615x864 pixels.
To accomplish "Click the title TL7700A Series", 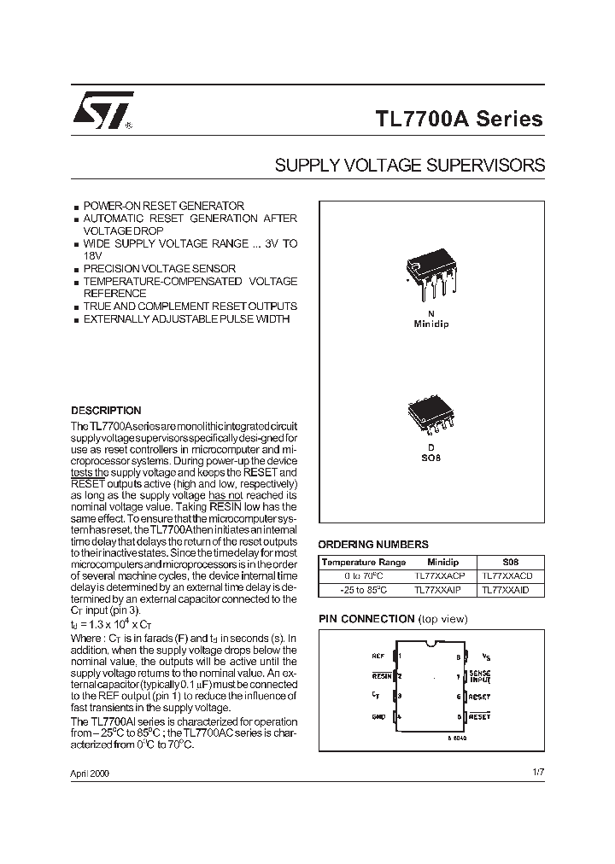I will click(459, 119).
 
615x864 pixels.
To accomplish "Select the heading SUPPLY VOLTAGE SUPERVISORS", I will click(409, 166).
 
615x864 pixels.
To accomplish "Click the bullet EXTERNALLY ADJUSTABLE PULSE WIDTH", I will click(186, 318).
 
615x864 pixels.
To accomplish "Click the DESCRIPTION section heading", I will click(106, 411).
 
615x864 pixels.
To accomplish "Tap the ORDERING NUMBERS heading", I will click(373, 544).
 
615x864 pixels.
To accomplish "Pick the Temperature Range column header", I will click(364, 563).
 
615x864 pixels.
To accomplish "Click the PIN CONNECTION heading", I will click(366, 618).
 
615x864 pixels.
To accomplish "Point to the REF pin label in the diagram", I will click(378, 657).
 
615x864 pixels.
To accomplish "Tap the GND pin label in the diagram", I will click(378, 716).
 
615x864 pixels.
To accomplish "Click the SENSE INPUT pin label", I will click(480, 676).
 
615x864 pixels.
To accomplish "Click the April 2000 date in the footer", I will click(90, 773).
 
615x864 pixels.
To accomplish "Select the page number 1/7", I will click(537, 772).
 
